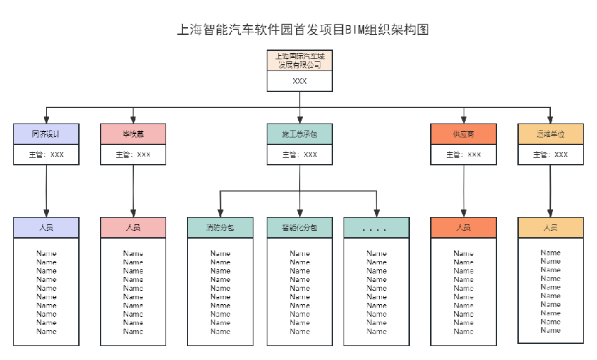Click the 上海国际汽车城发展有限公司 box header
click(x=300, y=61)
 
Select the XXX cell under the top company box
click(x=300, y=82)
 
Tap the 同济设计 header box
click(x=46, y=134)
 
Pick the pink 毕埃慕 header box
click(x=133, y=134)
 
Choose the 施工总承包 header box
click(x=300, y=134)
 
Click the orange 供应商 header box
click(x=464, y=134)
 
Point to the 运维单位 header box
click(x=550, y=134)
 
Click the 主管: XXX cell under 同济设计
click(x=46, y=155)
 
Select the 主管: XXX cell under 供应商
click(x=464, y=155)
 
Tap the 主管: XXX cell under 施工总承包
click(x=300, y=155)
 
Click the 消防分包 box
click(x=220, y=227)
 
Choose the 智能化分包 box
click(x=300, y=227)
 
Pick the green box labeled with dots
click(x=376, y=227)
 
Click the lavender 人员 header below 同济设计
click(x=46, y=227)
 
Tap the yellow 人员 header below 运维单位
click(x=550, y=227)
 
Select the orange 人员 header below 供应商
click(x=464, y=227)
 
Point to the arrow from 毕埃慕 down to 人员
click(x=133, y=190)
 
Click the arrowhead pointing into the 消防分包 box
click(x=220, y=213)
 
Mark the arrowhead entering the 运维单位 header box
click(x=550, y=120)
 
